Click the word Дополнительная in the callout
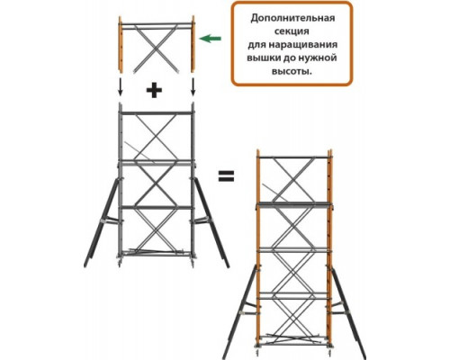coord(292,18)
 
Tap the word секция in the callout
coord(292,31)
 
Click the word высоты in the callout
coord(291,72)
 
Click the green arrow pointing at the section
coord(211,39)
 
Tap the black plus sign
coord(154,90)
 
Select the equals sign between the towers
coord(226,176)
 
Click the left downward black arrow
coord(120,87)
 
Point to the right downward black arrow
coord(193,87)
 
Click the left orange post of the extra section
coord(121,44)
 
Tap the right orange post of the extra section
coord(193,44)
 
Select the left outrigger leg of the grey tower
coord(101,222)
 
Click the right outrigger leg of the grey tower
coord(211,222)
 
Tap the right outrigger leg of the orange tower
coord(348,312)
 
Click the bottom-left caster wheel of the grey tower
coord(120,264)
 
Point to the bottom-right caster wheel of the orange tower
coord(330,354)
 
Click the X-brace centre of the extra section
coord(156,49)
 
